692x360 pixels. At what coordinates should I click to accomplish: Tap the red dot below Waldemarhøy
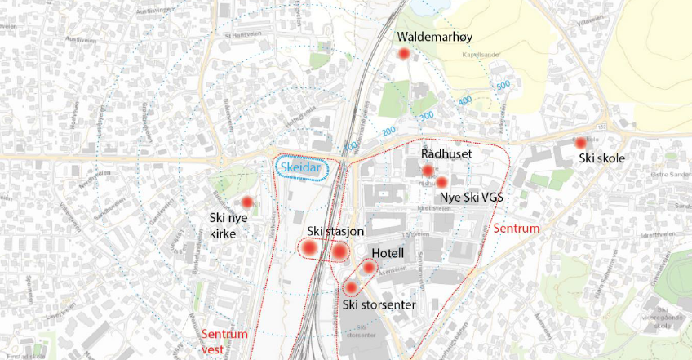tap(402, 54)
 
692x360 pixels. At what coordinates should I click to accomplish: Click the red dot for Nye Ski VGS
tap(441, 182)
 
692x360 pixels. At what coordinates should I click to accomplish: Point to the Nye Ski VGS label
tap(472, 198)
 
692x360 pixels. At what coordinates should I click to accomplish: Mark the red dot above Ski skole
tap(581, 143)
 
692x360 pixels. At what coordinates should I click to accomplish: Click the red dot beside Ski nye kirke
tap(246, 202)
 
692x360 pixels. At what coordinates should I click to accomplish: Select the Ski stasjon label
tap(335, 232)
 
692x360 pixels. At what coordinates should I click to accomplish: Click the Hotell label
tap(388, 253)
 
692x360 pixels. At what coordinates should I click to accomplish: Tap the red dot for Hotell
tap(369, 268)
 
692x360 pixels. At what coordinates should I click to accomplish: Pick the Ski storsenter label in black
tap(379, 305)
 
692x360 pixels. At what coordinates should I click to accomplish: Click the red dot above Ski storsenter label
tap(352, 287)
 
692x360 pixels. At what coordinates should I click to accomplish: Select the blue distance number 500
tap(503, 84)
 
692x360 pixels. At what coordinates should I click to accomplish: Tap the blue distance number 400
tap(465, 100)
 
